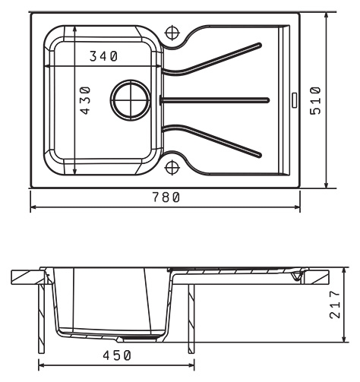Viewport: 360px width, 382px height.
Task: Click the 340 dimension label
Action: pos(104,56)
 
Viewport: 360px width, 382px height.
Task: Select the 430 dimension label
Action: pos(85,100)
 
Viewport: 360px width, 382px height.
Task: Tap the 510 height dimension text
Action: pos(315,100)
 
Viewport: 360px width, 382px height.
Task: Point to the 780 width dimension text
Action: pos(166,197)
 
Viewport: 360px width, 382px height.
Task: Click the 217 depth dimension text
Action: pos(335,304)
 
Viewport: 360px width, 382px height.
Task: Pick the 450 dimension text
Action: pos(117,355)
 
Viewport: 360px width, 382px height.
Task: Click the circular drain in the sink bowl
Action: pos(131,100)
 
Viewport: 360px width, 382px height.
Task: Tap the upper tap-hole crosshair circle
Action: pos(172,33)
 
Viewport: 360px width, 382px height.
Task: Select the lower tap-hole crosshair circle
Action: pos(172,168)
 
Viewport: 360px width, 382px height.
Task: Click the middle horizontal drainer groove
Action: pos(214,100)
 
